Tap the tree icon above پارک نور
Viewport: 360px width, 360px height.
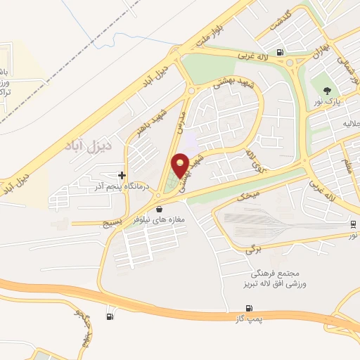click(326, 89)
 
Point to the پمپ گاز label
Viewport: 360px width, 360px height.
click(248, 321)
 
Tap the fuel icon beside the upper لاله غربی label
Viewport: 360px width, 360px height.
click(281, 51)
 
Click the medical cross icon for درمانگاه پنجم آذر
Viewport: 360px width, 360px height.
click(122, 175)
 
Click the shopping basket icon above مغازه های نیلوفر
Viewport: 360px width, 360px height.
click(160, 209)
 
